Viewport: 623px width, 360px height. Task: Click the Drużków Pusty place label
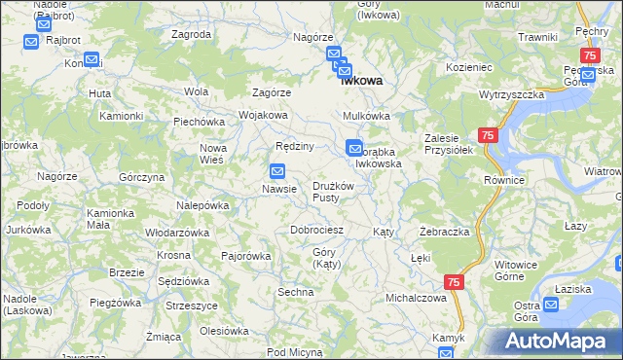click(x=338, y=191)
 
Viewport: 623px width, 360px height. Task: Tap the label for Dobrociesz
click(x=317, y=230)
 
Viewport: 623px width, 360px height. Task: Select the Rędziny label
click(x=294, y=146)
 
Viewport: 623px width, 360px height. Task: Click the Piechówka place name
click(x=200, y=122)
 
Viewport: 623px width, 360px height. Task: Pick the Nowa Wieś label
click(x=212, y=154)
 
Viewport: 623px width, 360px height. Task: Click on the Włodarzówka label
click(x=177, y=233)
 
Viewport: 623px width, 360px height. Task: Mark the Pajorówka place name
click(x=245, y=256)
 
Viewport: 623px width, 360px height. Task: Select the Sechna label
click(x=296, y=292)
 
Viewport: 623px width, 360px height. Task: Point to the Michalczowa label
click(x=416, y=297)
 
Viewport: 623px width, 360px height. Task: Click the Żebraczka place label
click(x=445, y=233)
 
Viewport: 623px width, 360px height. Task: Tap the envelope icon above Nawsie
click(x=277, y=171)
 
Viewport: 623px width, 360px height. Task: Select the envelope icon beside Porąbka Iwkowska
click(x=353, y=148)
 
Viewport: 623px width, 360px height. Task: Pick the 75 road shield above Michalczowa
click(x=454, y=281)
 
